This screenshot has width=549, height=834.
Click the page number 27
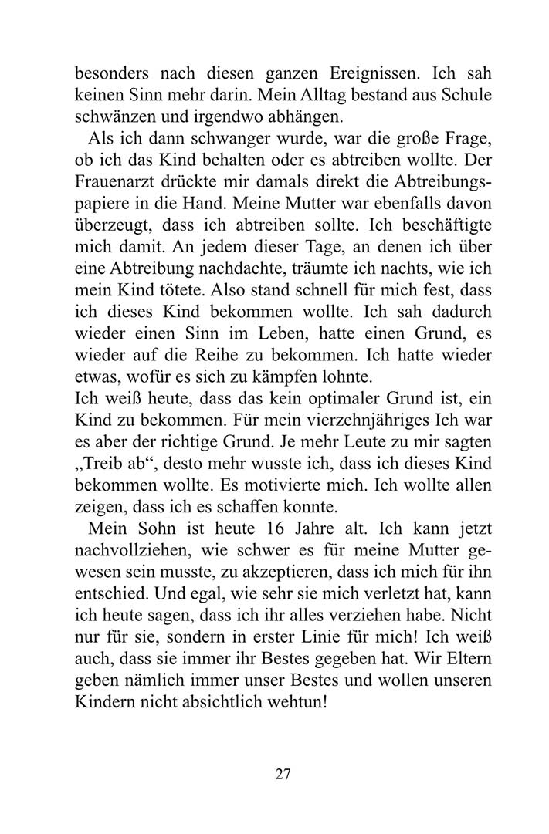(x=283, y=774)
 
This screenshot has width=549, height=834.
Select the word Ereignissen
(x=365, y=77)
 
